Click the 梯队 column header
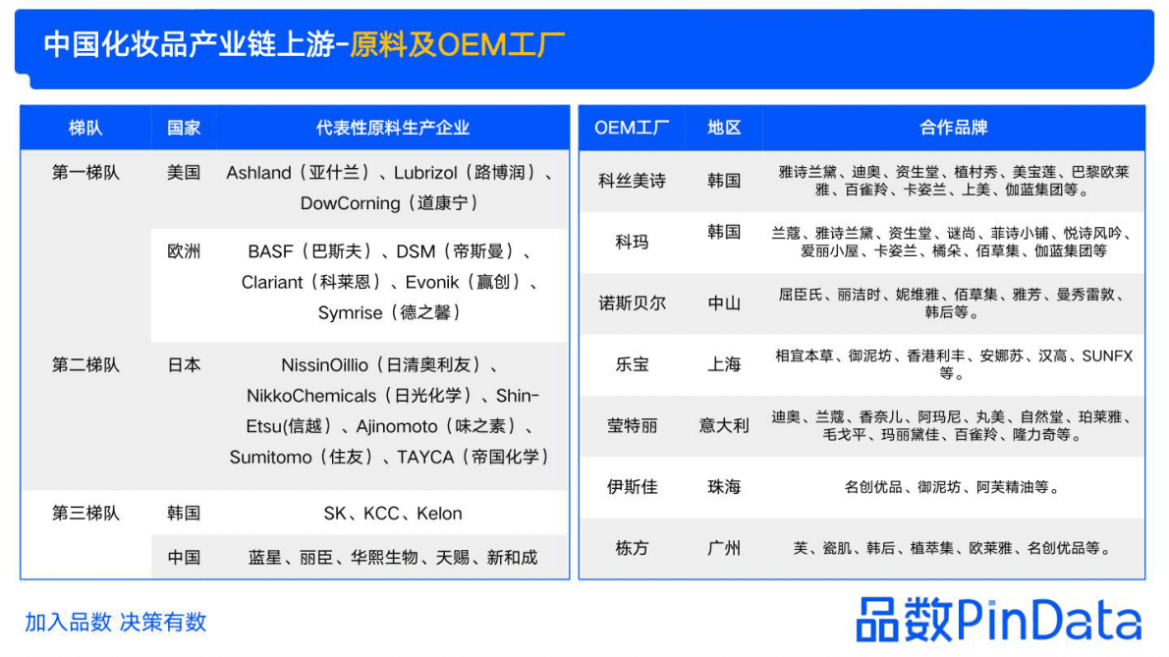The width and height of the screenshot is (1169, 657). pos(85,128)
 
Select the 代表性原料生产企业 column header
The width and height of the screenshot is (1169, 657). pos(392,128)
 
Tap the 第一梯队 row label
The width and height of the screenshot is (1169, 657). pos(85,173)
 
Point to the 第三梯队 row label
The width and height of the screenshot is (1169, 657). pos(85,513)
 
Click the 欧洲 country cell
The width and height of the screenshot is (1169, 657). pos(184,251)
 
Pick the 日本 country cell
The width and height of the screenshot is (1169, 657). pos(184,364)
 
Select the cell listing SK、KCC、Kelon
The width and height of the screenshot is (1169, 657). pos(392,513)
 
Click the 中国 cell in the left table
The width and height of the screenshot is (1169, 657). pos(184,557)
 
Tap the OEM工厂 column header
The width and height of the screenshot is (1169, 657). pos(632,128)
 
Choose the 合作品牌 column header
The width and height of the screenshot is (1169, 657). pos(953,128)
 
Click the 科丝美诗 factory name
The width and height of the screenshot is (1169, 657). pos(632,181)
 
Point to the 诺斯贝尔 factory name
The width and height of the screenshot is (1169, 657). pos(632,303)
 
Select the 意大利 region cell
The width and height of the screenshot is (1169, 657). pos(724,425)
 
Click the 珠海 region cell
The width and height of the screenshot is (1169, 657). pos(724,487)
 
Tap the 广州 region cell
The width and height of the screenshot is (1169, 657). pos(724,548)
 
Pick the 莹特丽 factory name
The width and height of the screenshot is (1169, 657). pos(632,425)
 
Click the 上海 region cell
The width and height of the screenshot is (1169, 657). pos(724,364)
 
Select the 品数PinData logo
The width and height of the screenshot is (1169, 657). pos(998,620)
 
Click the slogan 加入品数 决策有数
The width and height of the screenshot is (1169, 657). pos(116,622)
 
